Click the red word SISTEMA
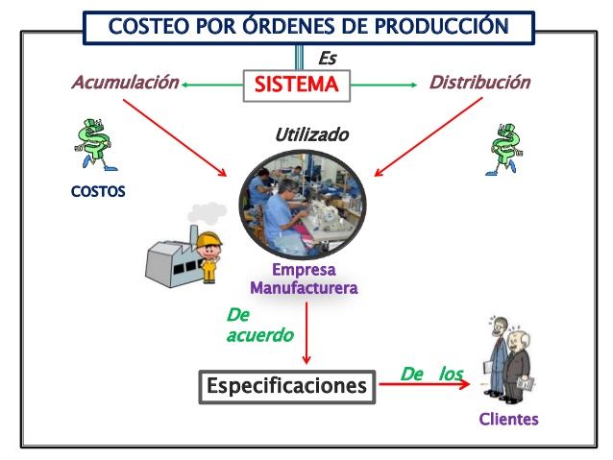point(296,85)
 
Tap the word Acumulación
point(125,83)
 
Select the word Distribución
point(480,83)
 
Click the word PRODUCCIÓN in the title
point(441,26)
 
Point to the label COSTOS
point(98,191)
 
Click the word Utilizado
point(311,134)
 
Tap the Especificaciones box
point(287,387)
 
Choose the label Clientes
point(508,419)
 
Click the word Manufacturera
point(304,288)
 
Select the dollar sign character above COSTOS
point(94,145)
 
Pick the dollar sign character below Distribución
point(504,149)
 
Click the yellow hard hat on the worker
point(208,239)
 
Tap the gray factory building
point(172,258)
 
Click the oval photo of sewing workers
point(303,205)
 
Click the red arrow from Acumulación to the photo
point(175,137)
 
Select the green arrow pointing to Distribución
point(384,85)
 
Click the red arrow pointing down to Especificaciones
point(306,333)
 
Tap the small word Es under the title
point(328,59)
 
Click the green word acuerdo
point(260,335)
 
